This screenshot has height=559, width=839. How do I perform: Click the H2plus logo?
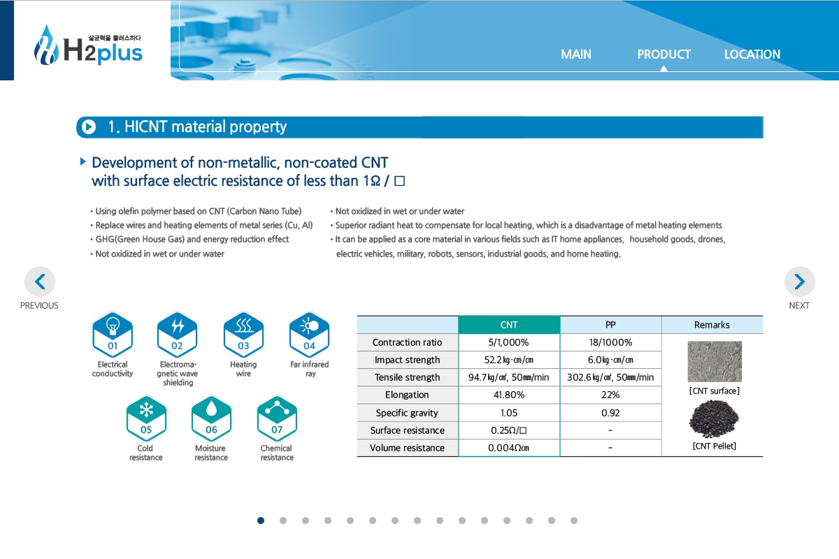pos(88,45)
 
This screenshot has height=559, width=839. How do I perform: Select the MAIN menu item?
pos(575,55)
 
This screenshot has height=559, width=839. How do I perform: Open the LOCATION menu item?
pos(752,55)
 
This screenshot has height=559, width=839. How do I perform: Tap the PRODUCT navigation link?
pos(664,55)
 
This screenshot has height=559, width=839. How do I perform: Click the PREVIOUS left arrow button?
pos(40,282)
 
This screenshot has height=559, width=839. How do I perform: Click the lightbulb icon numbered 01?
pos(113,334)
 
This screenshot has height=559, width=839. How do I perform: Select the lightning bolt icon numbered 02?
pos(177,334)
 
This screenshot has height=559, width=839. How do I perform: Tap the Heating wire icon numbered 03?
pos(243,334)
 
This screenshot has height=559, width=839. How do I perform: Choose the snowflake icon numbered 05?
pos(146,419)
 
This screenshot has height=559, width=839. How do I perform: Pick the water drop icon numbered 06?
pos(211,419)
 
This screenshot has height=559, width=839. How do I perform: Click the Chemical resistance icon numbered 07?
pos(277,419)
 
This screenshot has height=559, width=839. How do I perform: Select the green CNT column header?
pos(509,325)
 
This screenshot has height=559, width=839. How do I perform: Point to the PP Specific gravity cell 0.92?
pos(610,412)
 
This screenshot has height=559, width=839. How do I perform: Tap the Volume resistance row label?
pos(407,448)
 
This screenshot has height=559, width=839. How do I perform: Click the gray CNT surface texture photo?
pos(715,361)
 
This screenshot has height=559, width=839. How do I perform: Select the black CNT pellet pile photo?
pos(714,419)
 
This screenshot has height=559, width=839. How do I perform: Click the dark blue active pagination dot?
pos(261,521)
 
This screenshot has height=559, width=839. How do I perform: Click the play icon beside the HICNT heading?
pos(89,127)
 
